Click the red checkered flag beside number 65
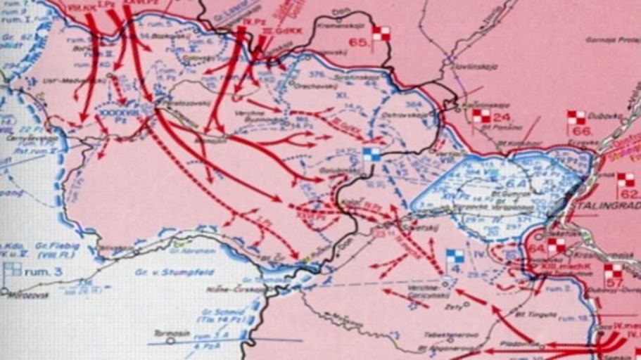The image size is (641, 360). pos(381,33)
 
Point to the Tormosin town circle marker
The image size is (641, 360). pos(170,341)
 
